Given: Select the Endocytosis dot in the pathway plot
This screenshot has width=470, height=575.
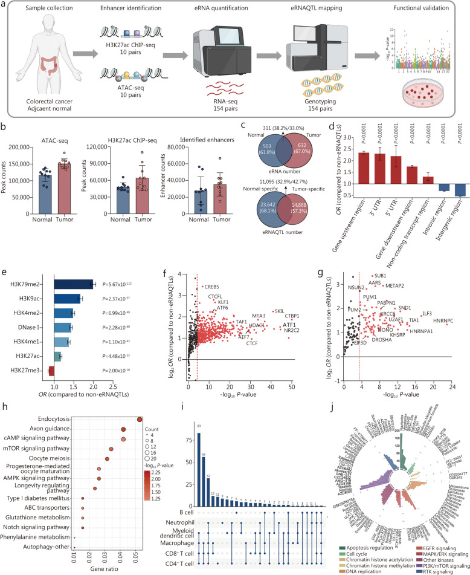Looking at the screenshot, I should point(140,420).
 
